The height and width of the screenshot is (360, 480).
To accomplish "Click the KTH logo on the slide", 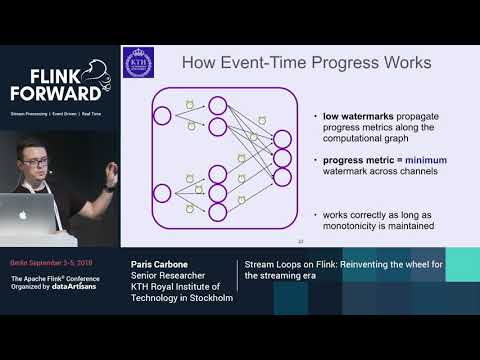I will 136,63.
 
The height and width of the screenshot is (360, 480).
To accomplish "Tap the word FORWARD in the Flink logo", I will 56,93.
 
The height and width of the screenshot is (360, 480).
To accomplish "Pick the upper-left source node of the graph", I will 162,115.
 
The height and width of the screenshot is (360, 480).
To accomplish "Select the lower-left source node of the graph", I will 162,193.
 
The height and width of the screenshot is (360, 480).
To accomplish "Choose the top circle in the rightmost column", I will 283,138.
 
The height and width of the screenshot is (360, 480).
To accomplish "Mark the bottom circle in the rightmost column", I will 283,177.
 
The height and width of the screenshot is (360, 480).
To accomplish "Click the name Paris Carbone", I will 161,265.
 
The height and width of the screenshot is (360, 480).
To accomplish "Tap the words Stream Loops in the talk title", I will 275,265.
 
